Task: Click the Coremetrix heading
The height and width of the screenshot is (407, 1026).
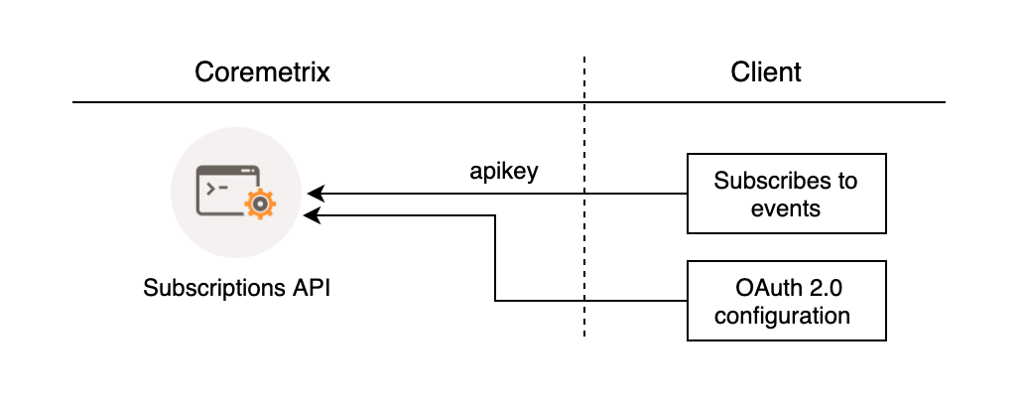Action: pos(262,72)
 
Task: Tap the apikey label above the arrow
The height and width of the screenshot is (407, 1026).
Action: pos(504,171)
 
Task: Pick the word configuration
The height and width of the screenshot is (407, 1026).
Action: pos(785,316)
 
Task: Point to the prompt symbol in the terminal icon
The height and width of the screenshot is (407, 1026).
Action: pos(212,186)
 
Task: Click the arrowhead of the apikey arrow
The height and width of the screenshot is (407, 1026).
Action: pos(312,194)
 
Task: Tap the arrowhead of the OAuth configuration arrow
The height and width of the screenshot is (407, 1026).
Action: pos(312,214)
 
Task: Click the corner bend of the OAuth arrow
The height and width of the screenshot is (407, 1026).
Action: pos(495,300)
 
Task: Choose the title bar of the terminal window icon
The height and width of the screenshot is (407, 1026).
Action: pos(227,171)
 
